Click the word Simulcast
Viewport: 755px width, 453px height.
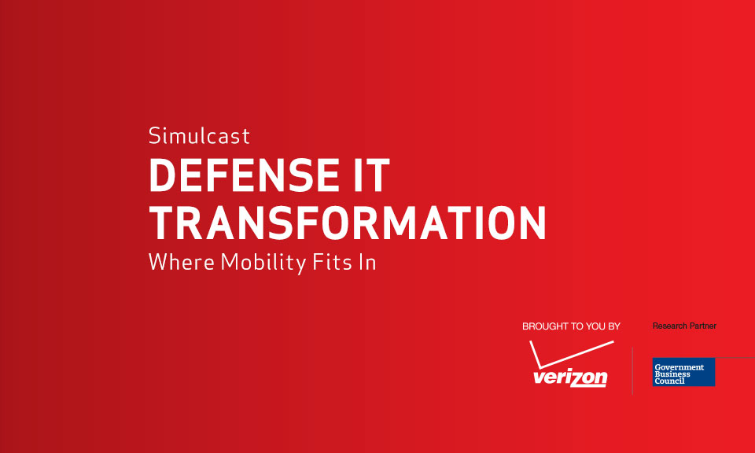(199, 135)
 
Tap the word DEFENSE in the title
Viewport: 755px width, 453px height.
(245, 175)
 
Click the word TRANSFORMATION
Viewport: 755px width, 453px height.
(347, 223)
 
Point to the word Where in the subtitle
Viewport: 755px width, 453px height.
(182, 263)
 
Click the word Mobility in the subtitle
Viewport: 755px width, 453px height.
(263, 263)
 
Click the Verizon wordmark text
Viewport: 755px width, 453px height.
(570, 377)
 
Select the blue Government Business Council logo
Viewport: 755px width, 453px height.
(683, 372)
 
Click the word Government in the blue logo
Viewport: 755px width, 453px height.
(679, 366)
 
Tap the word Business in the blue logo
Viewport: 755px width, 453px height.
(672, 374)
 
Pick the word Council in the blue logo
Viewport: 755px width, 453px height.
(669, 381)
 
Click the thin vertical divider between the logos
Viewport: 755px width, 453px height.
(632, 370)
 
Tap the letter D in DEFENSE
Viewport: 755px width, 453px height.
(163, 175)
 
